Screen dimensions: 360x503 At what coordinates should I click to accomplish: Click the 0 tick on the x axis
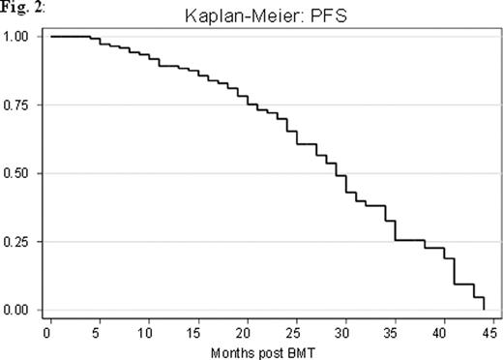[46, 330]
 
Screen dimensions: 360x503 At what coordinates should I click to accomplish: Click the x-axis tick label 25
[297, 330]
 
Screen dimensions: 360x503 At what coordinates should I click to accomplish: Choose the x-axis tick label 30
[346, 330]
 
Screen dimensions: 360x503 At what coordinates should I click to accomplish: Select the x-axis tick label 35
[396, 330]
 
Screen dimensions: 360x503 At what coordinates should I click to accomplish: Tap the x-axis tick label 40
[445, 330]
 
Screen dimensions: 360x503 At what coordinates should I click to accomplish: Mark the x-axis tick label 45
[494, 330]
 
